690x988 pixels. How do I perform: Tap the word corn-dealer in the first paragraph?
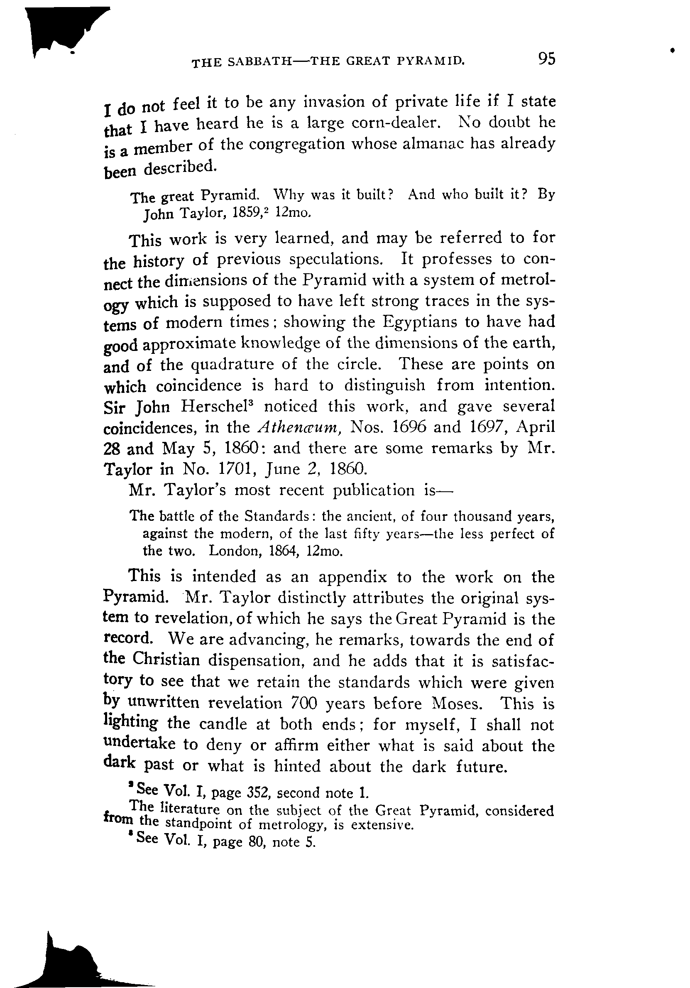pos(396,123)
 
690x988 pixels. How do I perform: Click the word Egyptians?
pos(419,322)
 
